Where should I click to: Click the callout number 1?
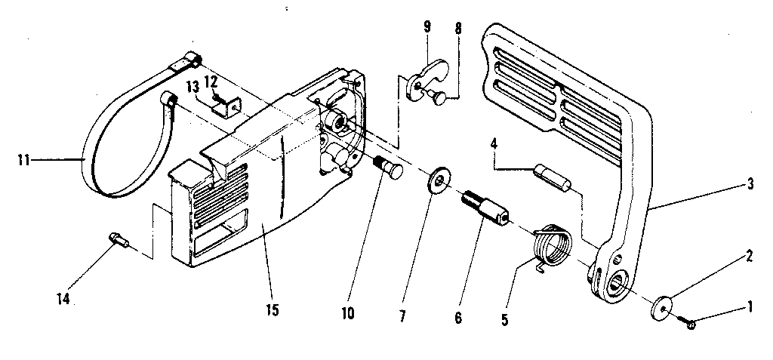(750, 307)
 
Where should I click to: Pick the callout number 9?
(427, 27)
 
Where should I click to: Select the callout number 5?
(505, 319)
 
